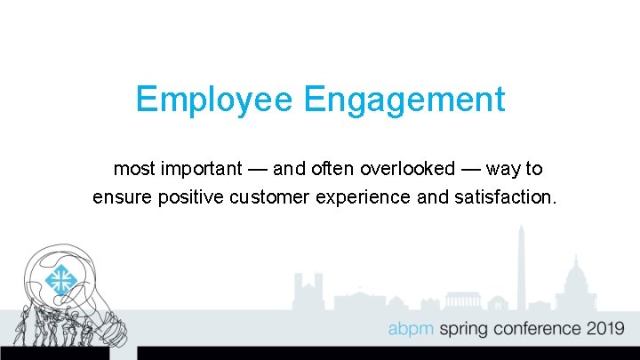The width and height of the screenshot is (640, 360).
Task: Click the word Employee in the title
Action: [x=213, y=100]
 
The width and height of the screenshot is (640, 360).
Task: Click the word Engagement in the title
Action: [x=404, y=100]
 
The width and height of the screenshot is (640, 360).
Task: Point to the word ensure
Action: [x=122, y=196]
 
